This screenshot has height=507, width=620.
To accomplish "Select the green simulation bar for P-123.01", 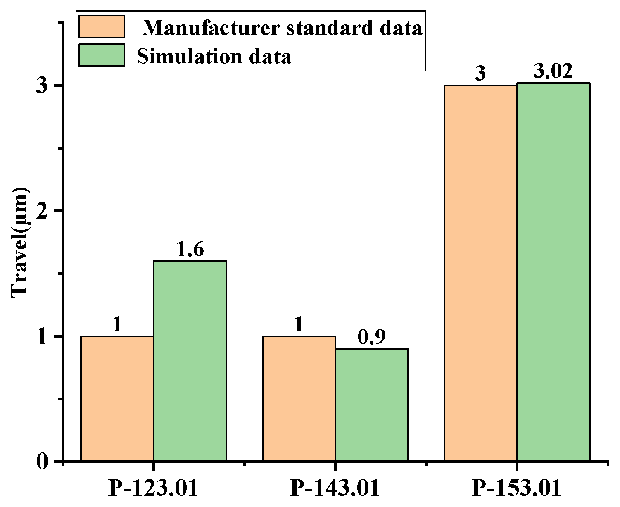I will (x=190, y=360).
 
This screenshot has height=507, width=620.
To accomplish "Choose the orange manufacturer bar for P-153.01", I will (x=480, y=273).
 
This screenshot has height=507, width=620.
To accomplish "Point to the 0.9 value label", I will (x=371, y=338).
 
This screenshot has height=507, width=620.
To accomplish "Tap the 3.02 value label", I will (x=553, y=72).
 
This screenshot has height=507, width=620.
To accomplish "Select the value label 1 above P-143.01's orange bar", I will (x=299, y=325).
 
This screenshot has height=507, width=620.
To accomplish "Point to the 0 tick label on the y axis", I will (x=43, y=462).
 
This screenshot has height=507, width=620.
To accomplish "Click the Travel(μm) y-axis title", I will (x=19, y=243).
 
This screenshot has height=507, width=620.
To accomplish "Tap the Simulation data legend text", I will (x=214, y=56).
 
